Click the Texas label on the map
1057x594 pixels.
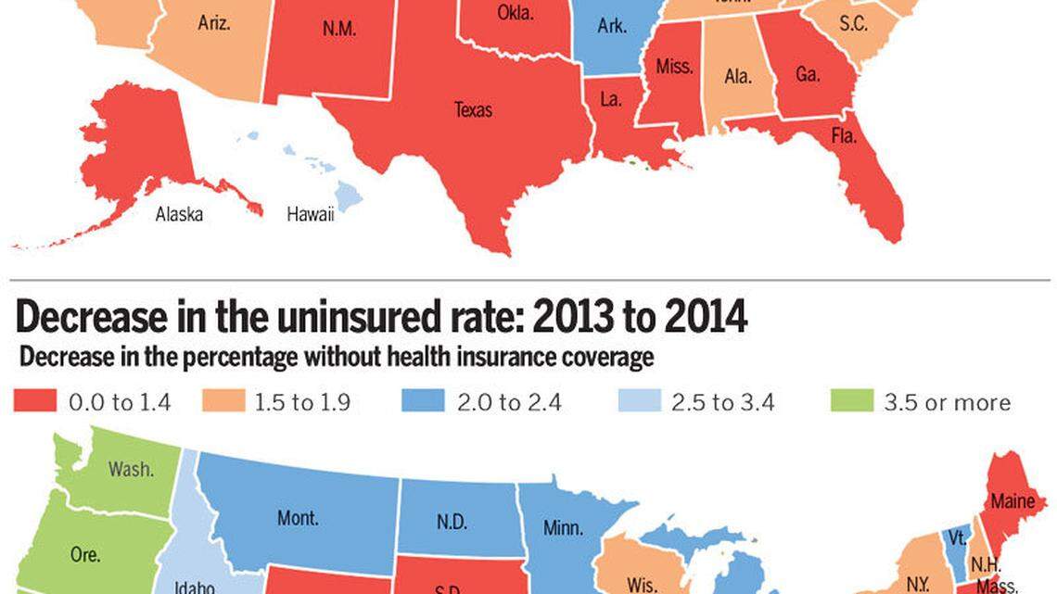click(x=473, y=110)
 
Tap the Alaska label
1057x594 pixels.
click(x=179, y=214)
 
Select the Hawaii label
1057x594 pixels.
click(x=310, y=214)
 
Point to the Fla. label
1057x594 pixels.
click(x=844, y=136)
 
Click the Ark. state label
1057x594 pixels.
click(x=611, y=26)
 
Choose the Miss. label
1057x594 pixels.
click(x=674, y=67)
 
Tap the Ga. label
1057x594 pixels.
click(x=808, y=74)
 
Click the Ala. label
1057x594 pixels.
click(x=738, y=77)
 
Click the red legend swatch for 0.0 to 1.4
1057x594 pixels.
click(x=35, y=401)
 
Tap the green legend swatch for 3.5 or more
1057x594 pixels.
click(x=851, y=401)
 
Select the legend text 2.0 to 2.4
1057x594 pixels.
click(x=507, y=402)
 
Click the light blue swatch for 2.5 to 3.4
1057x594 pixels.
click(x=639, y=401)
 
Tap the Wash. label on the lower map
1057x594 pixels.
click(x=131, y=469)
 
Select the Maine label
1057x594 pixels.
click(x=1012, y=501)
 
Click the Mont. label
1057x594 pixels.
click(x=298, y=518)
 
